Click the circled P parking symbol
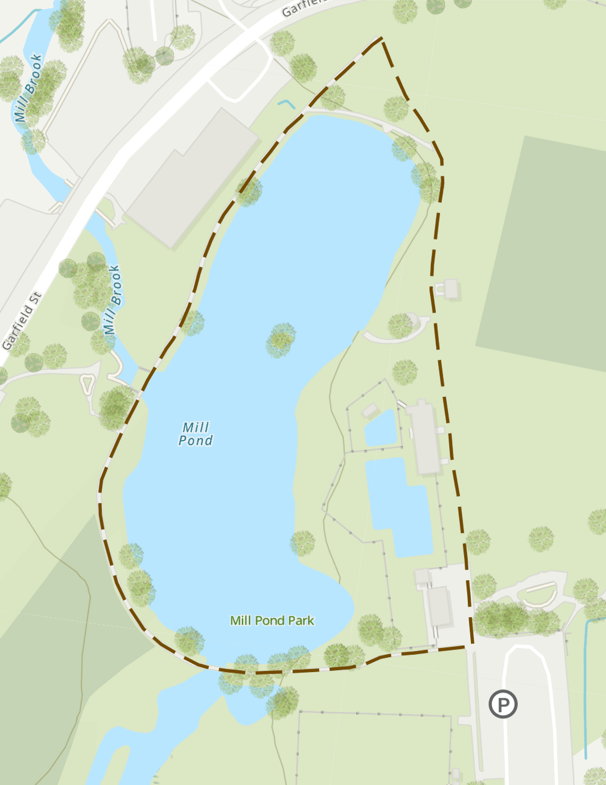503,704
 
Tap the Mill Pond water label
196,434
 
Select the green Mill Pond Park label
272,620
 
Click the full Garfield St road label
22,321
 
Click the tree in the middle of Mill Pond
281,340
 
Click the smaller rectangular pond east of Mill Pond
381,429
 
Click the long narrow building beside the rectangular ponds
424,437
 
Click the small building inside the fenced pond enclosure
370,410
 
